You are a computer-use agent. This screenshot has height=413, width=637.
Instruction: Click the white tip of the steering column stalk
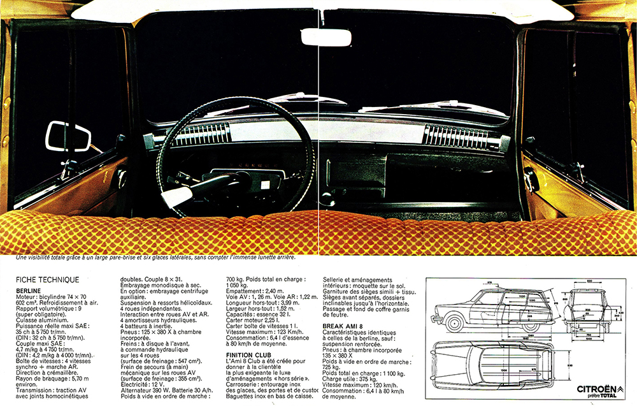[174, 199]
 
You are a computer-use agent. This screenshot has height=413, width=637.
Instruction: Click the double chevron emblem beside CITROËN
[620, 389]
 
